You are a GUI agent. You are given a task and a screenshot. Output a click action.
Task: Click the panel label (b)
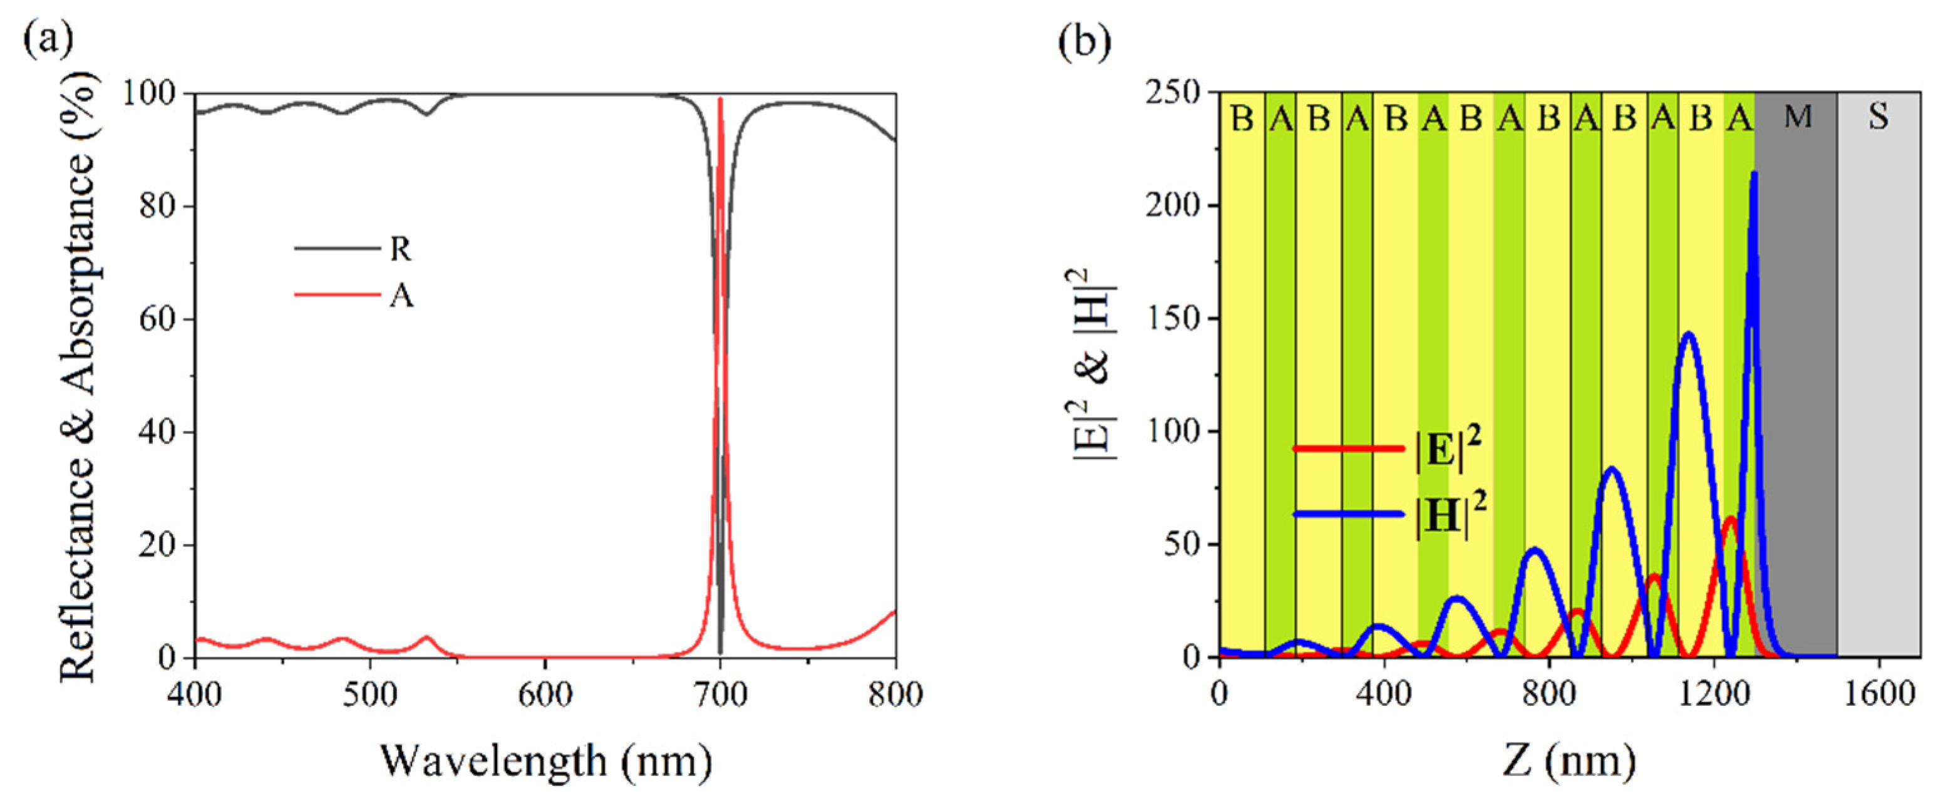pos(1085,43)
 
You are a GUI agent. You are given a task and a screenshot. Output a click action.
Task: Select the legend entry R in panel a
pos(400,249)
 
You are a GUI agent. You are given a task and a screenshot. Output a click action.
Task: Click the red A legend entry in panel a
pos(401,295)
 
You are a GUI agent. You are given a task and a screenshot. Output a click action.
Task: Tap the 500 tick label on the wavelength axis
pos(369,693)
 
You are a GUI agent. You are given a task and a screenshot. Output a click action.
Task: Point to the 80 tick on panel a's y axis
pos(158,206)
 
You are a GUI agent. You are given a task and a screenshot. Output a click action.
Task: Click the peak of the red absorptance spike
pos(721,100)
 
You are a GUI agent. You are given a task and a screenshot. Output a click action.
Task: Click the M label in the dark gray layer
pos(1798,117)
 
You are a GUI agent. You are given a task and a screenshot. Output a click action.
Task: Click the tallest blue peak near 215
pos(1753,174)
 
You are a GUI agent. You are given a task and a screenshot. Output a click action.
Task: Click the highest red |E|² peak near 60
pos(1730,520)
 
